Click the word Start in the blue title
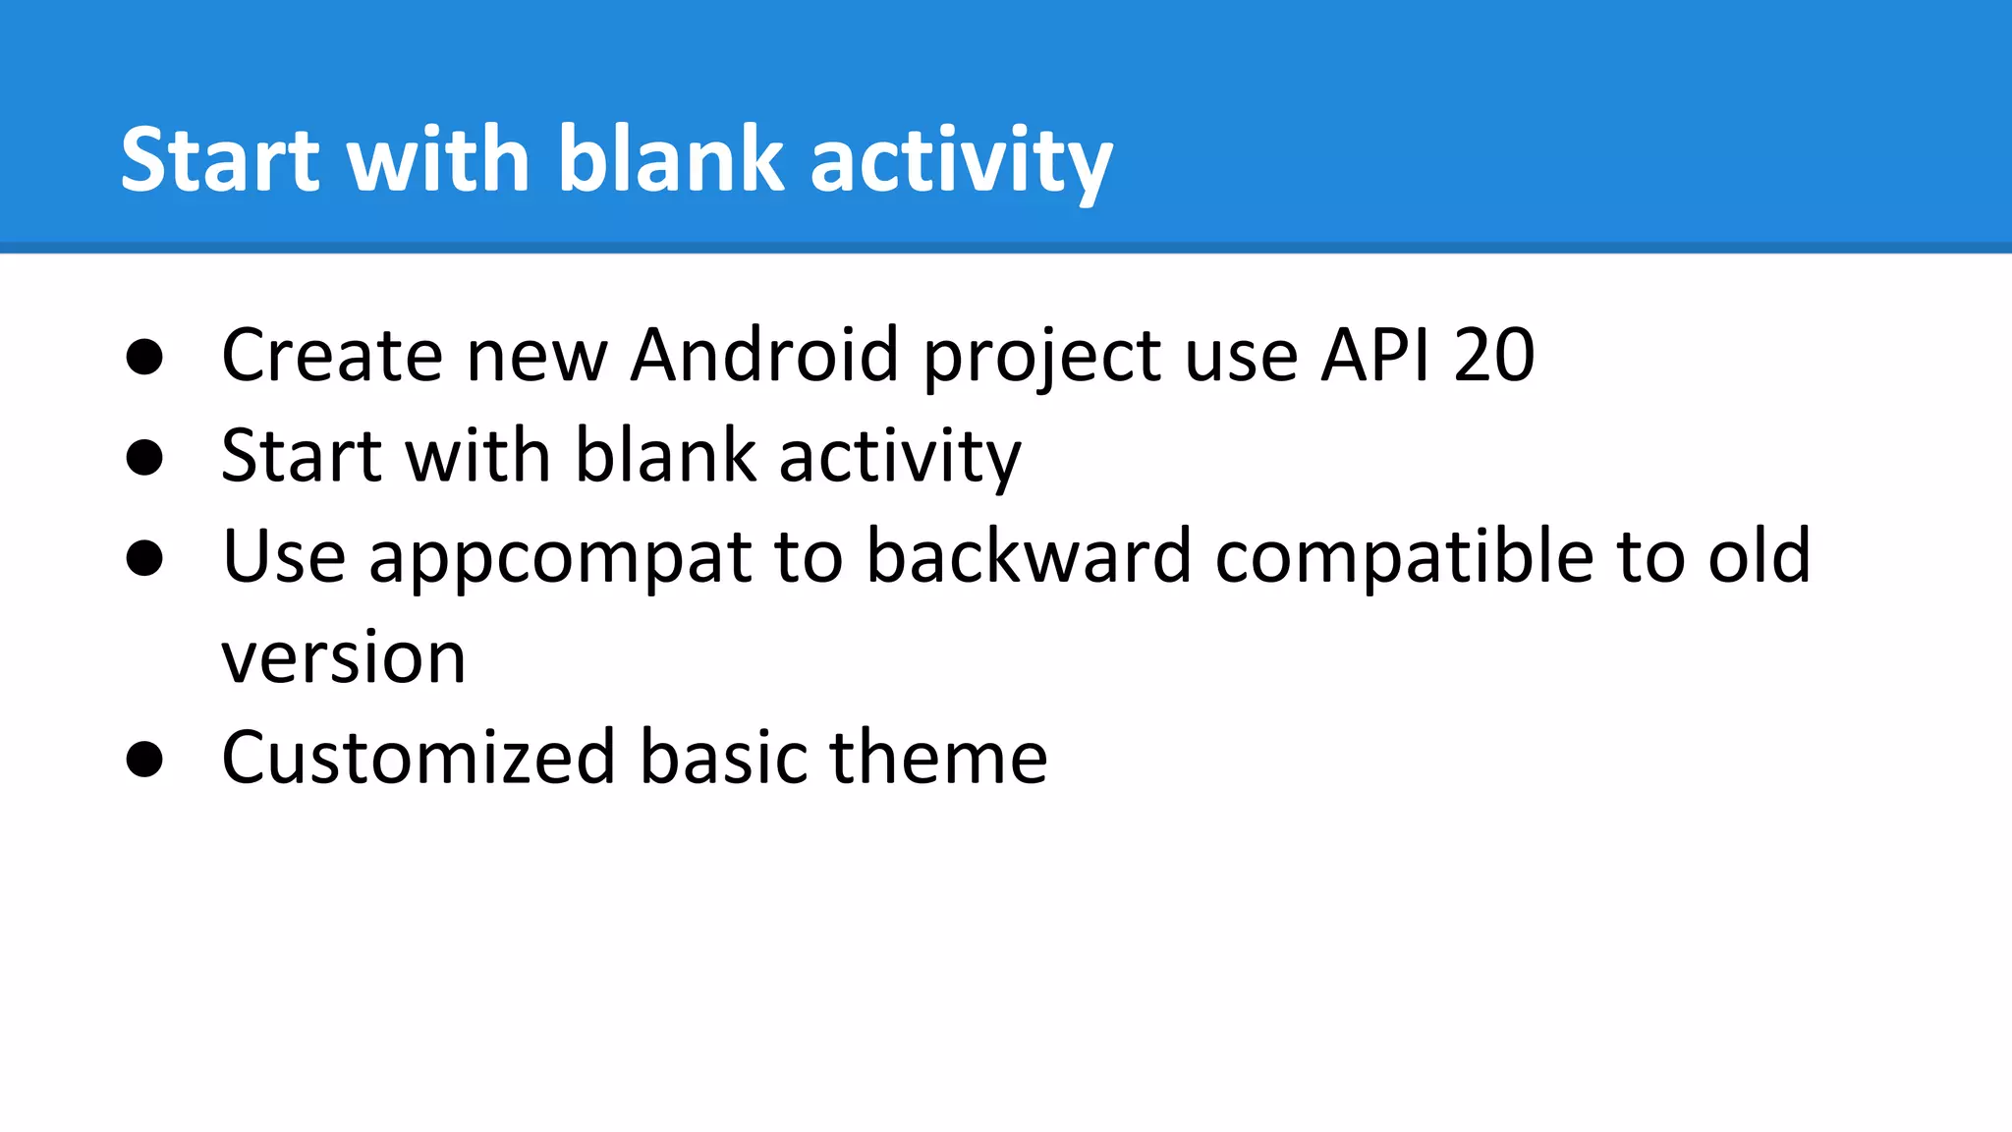pyautogui.click(x=220, y=159)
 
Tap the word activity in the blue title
pyautogui.click(x=961, y=162)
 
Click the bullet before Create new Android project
pyautogui.click(x=144, y=357)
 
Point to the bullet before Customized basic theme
pyautogui.click(x=144, y=760)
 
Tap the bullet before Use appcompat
pyautogui.click(x=144, y=558)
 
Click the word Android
pyautogui.click(x=764, y=355)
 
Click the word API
pyautogui.click(x=1374, y=355)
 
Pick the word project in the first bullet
pyautogui.click(x=1041, y=359)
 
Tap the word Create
pyautogui.click(x=332, y=355)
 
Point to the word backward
pyautogui.click(x=1029, y=556)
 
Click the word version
pyautogui.click(x=344, y=658)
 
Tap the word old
pyautogui.click(x=1759, y=556)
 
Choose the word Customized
pyautogui.click(x=418, y=758)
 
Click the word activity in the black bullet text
pyautogui.click(x=900, y=458)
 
